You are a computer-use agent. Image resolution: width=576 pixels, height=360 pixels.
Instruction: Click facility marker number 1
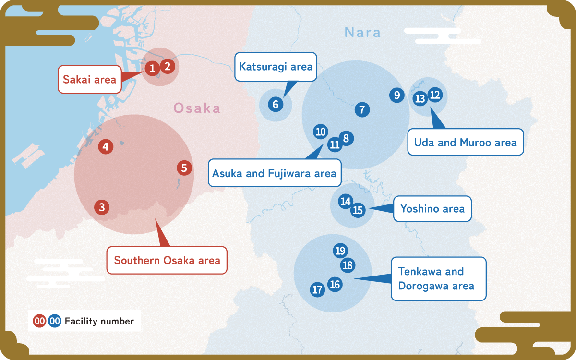152,69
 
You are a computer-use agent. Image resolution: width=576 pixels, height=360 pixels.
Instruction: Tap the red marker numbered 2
167,66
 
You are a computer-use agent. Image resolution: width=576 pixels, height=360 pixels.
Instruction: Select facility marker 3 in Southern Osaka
102,207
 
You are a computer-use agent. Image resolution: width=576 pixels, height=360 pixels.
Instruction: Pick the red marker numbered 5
184,168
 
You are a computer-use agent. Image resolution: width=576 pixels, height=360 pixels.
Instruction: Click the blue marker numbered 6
276,104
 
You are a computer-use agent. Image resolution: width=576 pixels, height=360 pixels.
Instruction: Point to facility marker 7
362,109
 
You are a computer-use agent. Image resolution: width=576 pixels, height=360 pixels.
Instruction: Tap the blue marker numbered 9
396,95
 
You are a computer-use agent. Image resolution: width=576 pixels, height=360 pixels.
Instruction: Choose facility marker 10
321,132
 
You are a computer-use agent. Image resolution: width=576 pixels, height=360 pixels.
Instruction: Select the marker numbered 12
435,95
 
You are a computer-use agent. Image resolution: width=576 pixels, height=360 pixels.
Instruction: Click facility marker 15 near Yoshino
358,210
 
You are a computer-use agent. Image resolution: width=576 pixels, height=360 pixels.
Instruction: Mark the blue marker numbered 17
317,289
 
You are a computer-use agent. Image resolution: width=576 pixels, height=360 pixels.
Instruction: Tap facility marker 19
340,251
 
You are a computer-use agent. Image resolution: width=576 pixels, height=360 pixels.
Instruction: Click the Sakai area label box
90,79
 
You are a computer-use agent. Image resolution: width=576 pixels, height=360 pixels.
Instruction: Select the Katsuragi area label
276,67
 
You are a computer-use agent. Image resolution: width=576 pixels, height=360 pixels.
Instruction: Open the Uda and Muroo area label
465,142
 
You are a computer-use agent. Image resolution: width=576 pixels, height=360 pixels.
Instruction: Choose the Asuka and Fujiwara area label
274,173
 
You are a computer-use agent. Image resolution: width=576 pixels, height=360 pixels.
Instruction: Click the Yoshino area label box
432,209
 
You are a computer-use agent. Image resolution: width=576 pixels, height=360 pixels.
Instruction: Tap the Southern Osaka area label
167,261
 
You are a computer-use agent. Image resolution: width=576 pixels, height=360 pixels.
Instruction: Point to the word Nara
362,33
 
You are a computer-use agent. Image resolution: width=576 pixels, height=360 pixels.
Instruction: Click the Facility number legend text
99,321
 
